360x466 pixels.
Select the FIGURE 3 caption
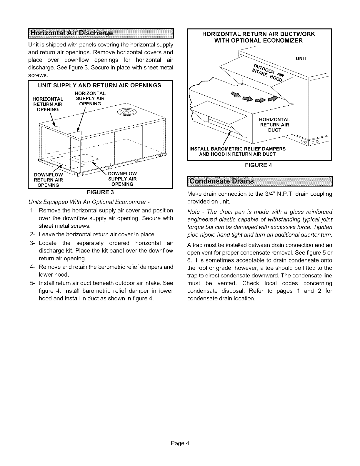(x=100, y=193)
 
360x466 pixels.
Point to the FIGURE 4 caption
(x=259, y=165)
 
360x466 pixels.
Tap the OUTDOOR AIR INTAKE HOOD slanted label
(x=268, y=71)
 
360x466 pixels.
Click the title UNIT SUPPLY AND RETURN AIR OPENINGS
(x=100, y=85)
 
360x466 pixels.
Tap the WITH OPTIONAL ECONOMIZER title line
(x=259, y=41)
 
